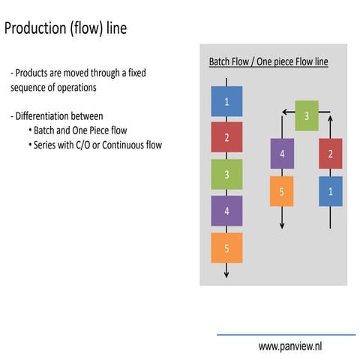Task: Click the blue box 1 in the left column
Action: point(226,101)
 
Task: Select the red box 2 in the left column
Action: point(226,137)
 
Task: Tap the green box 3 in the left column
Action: point(226,174)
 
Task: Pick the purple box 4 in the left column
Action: point(226,211)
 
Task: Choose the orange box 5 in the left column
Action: point(226,247)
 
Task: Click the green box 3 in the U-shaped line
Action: point(306,115)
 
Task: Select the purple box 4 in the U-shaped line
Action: point(282,153)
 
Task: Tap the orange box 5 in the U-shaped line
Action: point(282,191)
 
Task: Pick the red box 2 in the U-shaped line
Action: point(330,153)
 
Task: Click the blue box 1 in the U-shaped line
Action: point(330,191)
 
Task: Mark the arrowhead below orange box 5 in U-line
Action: point(282,226)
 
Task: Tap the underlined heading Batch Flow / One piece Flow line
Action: point(268,61)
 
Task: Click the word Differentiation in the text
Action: point(48,116)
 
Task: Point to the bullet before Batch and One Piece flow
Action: point(30,130)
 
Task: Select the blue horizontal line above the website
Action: point(286,334)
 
